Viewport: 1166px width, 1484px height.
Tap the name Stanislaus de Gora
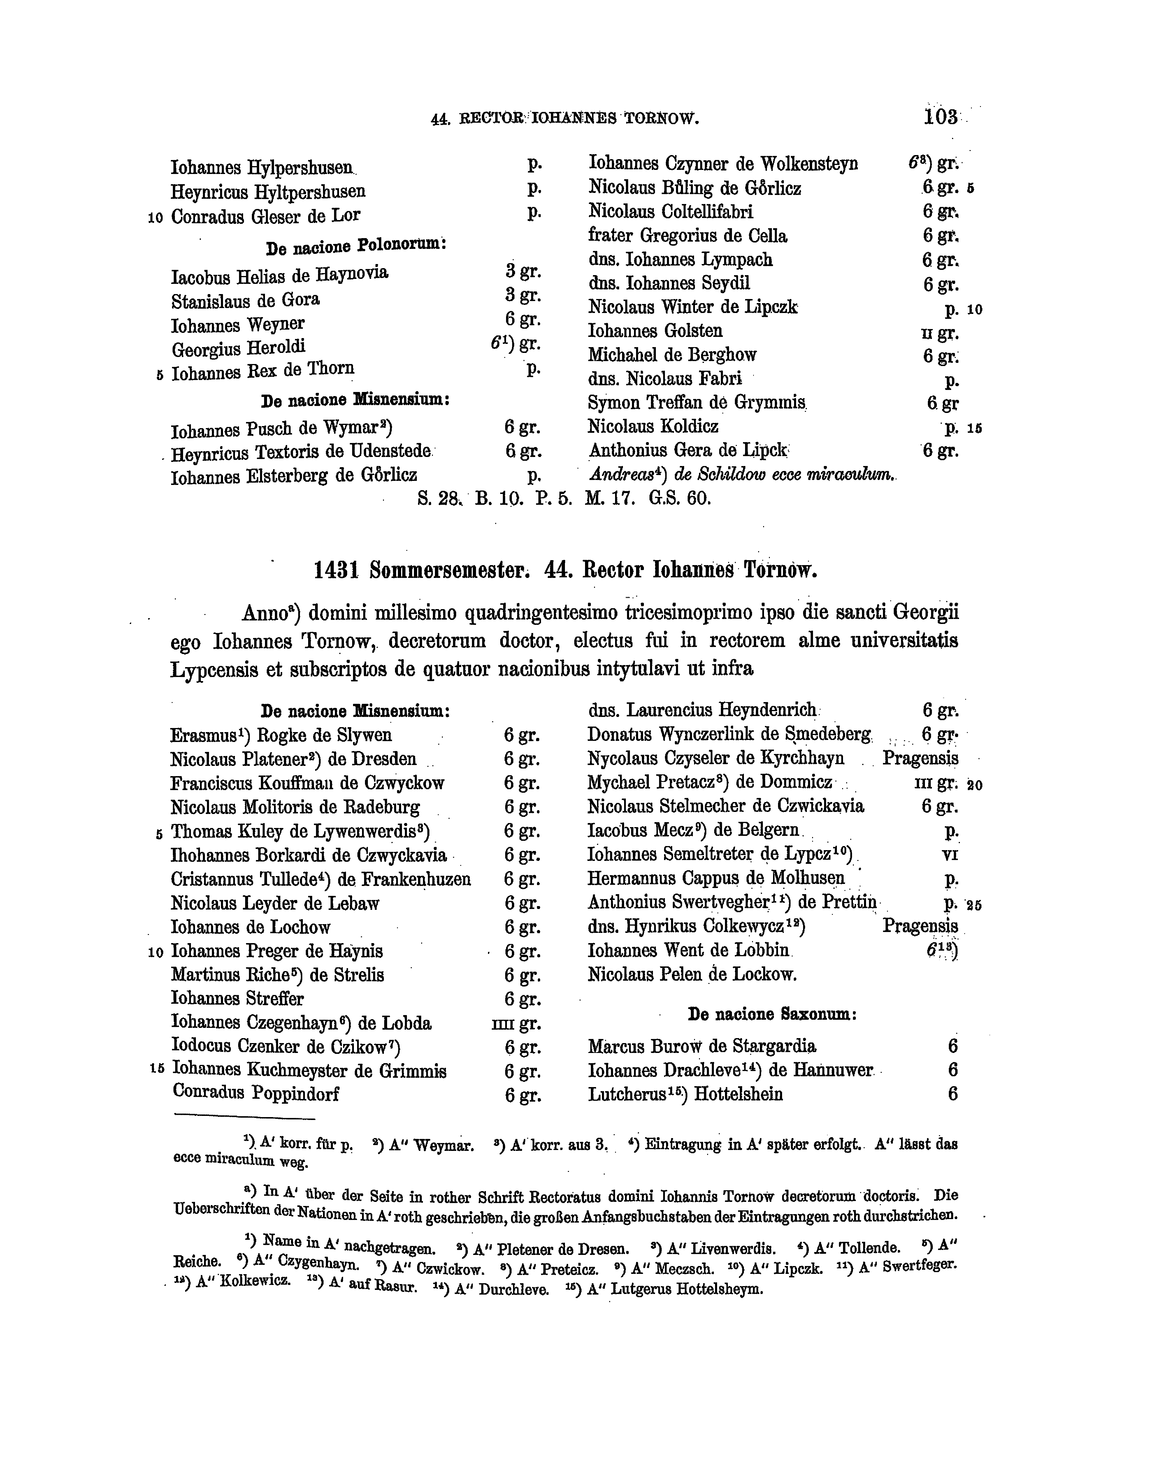tap(245, 300)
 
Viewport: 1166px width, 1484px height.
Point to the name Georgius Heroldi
tap(238, 348)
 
